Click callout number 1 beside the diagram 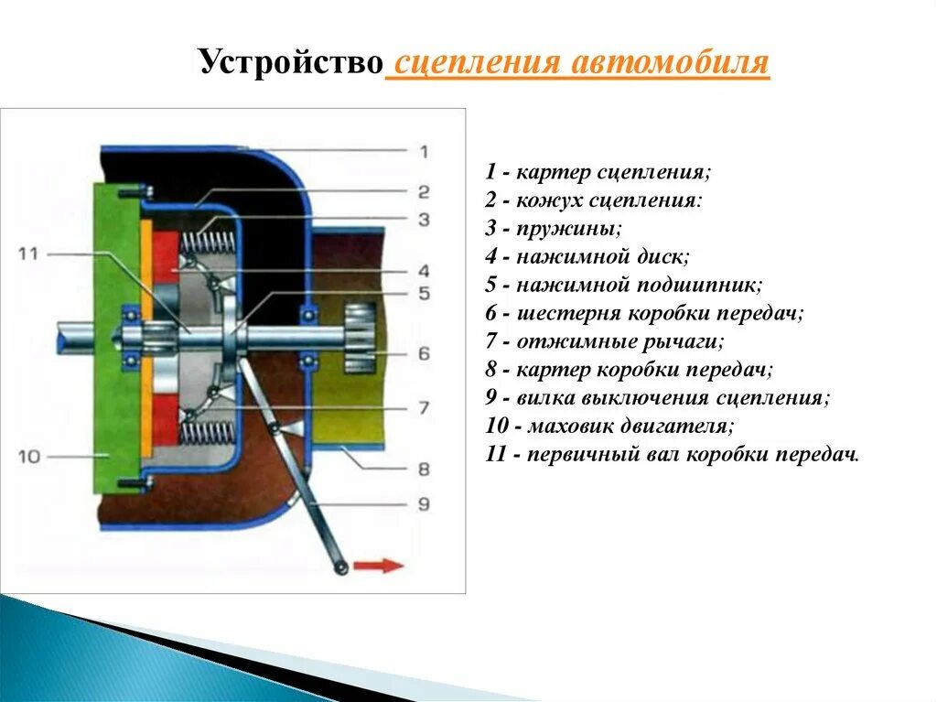click(x=424, y=152)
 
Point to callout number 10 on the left click(x=30, y=455)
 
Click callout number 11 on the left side click(x=30, y=253)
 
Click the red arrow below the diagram click(x=379, y=565)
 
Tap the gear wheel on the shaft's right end click(x=360, y=339)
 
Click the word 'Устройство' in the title click(x=290, y=64)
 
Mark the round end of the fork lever click(x=340, y=569)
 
